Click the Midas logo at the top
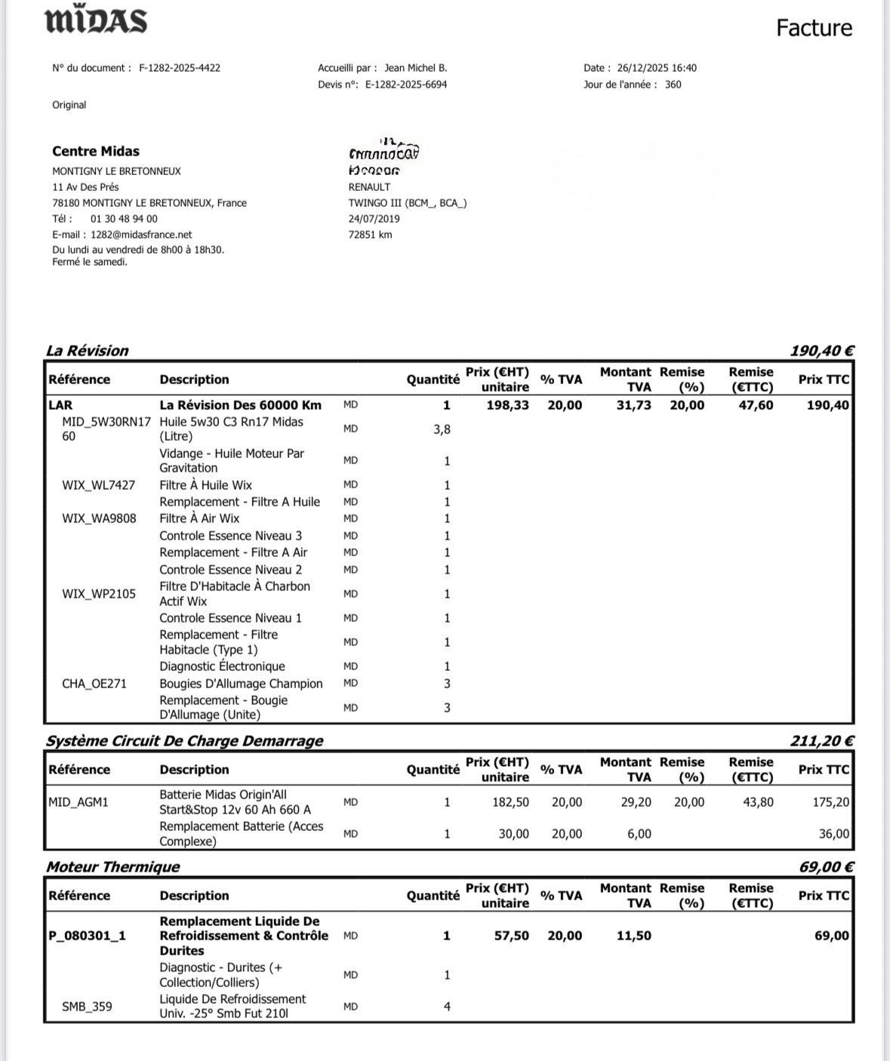click(96, 21)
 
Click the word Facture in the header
click(814, 28)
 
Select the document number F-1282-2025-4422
click(180, 68)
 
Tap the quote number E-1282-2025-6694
click(406, 85)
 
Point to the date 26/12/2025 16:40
click(657, 68)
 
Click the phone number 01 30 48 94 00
click(124, 219)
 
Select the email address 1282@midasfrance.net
click(141, 235)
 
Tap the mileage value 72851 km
click(370, 235)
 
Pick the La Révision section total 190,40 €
click(821, 351)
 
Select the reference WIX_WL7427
click(98, 485)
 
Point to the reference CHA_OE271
click(94, 684)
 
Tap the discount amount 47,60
click(756, 405)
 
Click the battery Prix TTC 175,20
click(830, 802)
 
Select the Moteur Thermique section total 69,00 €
click(826, 867)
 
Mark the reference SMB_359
click(87, 1007)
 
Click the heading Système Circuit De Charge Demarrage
click(184, 741)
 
